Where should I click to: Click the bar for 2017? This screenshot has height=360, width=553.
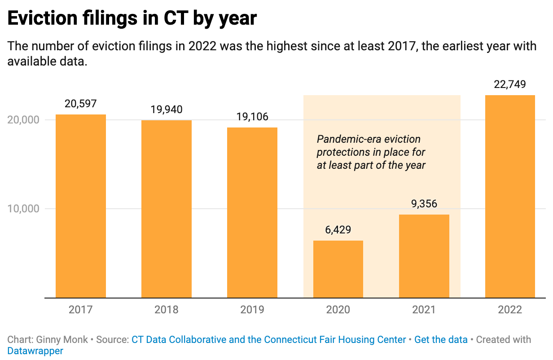tap(81, 206)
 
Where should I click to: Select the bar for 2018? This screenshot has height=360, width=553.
tap(167, 209)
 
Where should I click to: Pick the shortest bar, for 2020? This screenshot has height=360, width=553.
tap(338, 269)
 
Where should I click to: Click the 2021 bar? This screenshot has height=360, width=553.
tap(424, 256)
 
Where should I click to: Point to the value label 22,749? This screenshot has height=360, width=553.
tap(510, 84)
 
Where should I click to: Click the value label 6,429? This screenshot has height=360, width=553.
tap(338, 230)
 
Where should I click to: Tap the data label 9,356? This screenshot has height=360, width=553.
tap(424, 204)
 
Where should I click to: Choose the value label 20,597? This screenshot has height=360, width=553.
tap(81, 104)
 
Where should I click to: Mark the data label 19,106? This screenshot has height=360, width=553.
tap(252, 117)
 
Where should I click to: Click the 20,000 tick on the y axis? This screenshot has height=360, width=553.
tap(23, 120)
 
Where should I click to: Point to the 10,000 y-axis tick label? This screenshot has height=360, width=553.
tap(23, 209)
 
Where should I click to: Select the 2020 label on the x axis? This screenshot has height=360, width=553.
tap(338, 310)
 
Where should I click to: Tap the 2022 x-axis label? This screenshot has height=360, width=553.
tap(510, 310)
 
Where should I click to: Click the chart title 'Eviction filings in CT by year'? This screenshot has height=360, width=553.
tap(132, 18)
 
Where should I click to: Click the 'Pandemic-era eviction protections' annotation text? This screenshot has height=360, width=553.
tap(371, 152)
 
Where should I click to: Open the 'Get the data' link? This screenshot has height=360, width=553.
tap(441, 340)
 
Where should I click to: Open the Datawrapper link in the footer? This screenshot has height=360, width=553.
tap(35, 351)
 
